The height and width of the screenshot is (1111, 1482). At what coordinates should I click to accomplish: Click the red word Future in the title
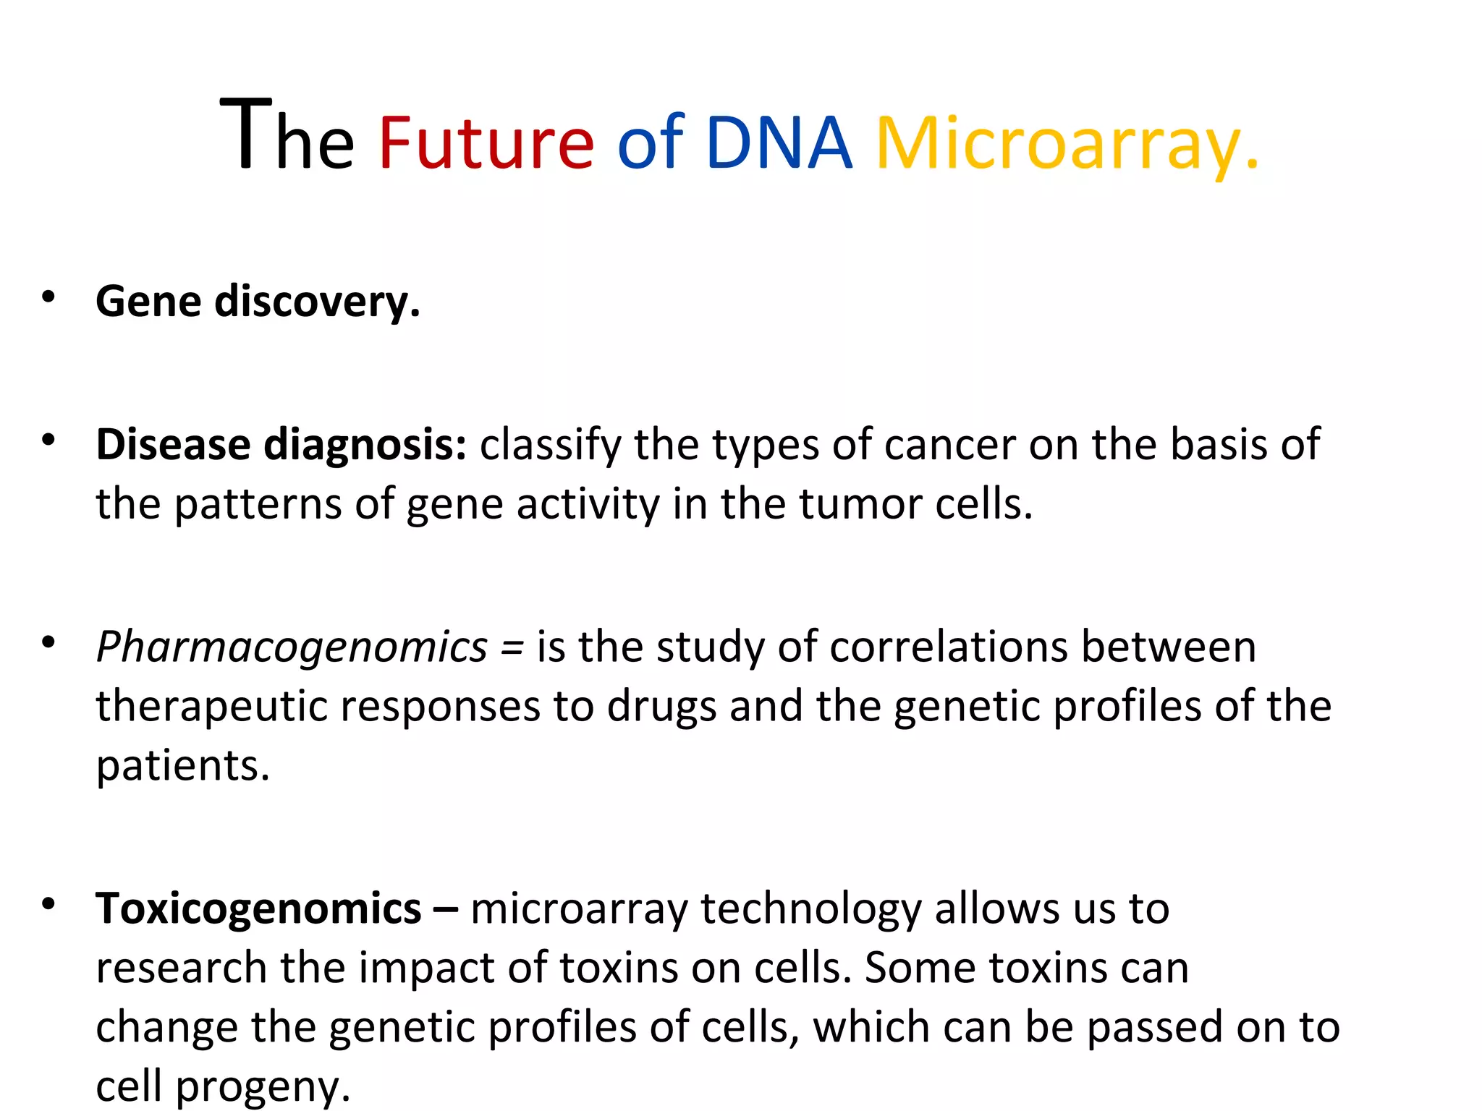pos(486,142)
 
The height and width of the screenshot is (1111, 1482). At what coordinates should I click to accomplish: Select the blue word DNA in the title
pos(779,142)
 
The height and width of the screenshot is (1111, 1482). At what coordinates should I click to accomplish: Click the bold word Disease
pos(173,444)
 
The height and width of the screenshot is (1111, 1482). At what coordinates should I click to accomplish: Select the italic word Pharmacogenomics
pos(292,647)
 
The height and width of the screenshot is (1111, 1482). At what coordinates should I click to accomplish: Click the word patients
pos(182,767)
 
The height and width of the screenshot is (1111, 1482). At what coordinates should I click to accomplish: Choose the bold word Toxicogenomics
pos(258,908)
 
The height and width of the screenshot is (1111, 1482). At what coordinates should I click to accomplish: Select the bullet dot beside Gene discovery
pos(48,297)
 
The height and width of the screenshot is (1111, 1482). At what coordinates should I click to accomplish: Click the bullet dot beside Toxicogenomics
pos(48,903)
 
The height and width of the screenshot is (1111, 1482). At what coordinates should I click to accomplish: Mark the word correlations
pos(948,647)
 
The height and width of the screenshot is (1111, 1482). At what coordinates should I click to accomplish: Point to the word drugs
pos(661,707)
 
